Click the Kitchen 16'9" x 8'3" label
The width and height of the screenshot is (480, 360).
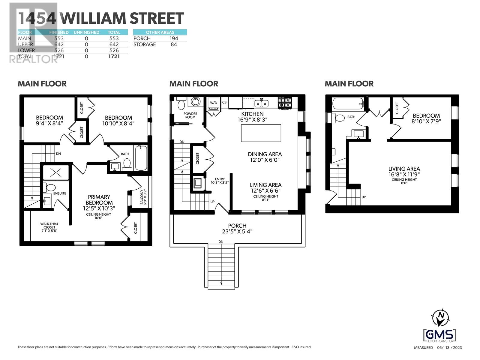point(252,116)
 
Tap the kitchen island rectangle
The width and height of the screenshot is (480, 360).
point(261,133)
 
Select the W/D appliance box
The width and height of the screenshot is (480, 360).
point(213,103)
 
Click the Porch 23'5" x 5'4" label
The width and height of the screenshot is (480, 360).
point(237,228)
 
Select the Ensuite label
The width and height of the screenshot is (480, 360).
point(59,193)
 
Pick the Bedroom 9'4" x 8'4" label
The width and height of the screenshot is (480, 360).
point(49,120)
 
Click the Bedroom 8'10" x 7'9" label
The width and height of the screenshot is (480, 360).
point(426,118)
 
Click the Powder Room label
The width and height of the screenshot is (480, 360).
point(190,115)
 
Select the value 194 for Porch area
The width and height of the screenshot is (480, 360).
point(173,38)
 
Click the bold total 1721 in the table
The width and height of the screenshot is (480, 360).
point(114,56)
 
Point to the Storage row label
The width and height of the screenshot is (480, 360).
point(145,44)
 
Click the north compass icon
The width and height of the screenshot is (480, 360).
point(440,318)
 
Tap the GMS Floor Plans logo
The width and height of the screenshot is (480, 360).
point(439,335)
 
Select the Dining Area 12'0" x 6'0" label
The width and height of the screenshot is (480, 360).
point(265,157)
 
